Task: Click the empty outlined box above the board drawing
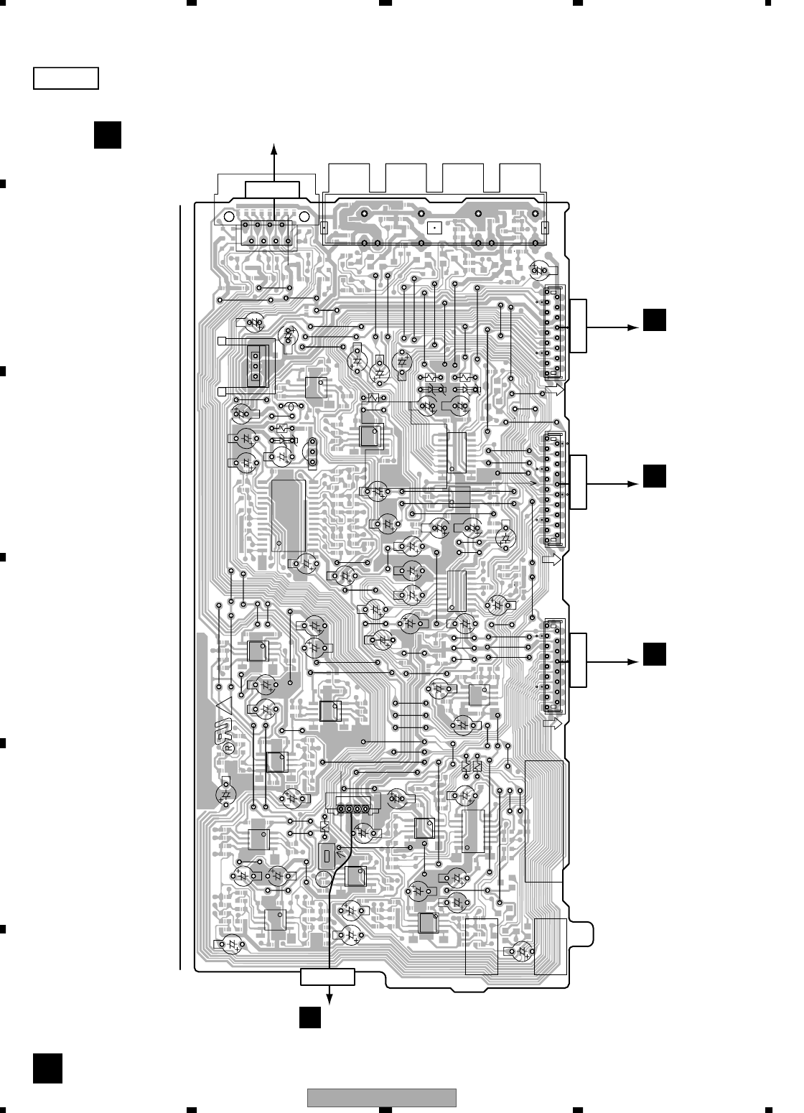[x=65, y=78]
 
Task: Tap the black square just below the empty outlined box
[x=106, y=135]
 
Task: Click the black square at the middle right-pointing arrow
[x=654, y=478]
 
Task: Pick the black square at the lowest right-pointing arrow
[x=654, y=656]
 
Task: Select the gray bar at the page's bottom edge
[x=382, y=1098]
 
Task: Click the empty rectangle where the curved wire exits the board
[x=328, y=977]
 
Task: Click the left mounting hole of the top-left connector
[x=228, y=216]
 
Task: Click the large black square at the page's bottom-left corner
[x=47, y=1068]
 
